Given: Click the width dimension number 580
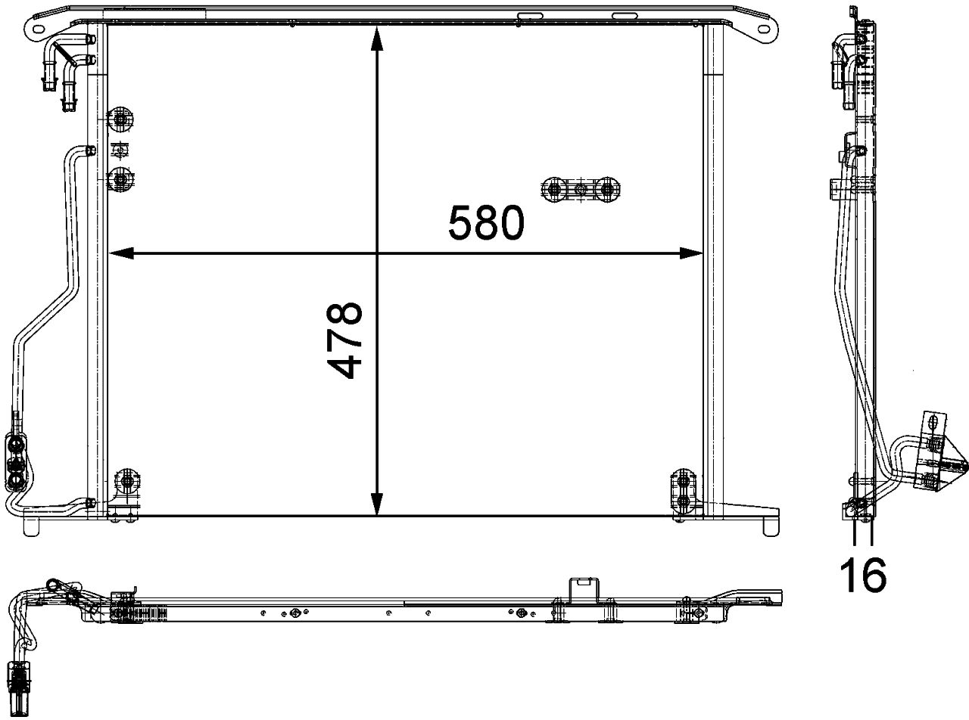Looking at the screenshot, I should [485, 222].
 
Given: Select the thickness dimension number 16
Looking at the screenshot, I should [862, 576].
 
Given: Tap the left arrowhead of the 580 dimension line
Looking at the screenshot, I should [121, 253].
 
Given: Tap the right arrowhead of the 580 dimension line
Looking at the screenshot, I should [692, 253].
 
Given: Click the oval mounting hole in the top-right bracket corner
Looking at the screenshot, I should [764, 31].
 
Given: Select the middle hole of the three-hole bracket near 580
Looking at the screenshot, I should [581, 189].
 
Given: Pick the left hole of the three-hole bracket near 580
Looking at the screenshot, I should [555, 189].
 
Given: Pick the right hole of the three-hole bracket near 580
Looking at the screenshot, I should [607, 189].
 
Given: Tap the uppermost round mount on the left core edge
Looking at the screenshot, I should [120, 119].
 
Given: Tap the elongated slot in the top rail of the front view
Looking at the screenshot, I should [625, 16].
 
